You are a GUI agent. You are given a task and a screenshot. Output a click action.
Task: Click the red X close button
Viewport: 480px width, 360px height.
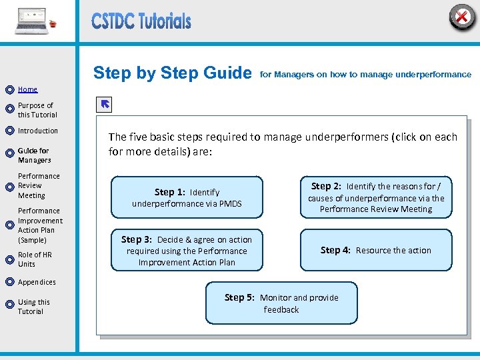point(461,16)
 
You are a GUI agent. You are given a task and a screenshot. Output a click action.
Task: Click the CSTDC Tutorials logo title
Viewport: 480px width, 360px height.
point(141,21)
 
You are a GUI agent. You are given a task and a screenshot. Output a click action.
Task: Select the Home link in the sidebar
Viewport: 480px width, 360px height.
point(27,89)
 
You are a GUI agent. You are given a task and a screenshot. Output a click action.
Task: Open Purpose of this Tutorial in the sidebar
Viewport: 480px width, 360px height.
point(37,110)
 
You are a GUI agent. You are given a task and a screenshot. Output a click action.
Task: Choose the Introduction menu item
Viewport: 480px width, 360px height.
point(38,131)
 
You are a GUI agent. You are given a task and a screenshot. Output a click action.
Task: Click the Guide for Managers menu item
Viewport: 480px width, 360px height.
point(34,155)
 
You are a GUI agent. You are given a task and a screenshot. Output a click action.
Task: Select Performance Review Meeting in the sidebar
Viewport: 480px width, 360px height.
point(39,186)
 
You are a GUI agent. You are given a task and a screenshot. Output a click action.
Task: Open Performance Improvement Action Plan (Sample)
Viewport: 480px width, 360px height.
point(40,225)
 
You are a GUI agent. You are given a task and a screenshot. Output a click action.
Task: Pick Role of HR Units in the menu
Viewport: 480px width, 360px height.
point(35,259)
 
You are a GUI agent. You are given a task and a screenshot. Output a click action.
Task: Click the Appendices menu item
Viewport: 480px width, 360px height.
point(37,282)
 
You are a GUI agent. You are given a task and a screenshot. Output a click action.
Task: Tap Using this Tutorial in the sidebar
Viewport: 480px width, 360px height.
point(33,307)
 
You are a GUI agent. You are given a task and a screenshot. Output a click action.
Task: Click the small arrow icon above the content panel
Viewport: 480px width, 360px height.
point(105,105)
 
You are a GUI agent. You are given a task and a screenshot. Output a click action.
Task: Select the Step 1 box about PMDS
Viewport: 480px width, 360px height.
point(187,197)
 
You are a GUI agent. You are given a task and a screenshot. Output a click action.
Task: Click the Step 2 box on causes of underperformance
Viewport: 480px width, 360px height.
point(376,197)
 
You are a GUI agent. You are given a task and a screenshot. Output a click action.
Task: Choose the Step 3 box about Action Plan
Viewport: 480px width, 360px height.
point(187,251)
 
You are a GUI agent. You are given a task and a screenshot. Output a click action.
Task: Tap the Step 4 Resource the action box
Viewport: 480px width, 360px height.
point(376,250)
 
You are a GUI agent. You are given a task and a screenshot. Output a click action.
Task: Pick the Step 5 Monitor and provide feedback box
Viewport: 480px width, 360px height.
point(281,303)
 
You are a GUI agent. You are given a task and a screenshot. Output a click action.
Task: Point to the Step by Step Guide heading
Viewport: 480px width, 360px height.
point(172,73)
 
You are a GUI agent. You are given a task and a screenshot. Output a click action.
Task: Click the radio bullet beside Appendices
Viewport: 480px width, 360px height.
point(9,282)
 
